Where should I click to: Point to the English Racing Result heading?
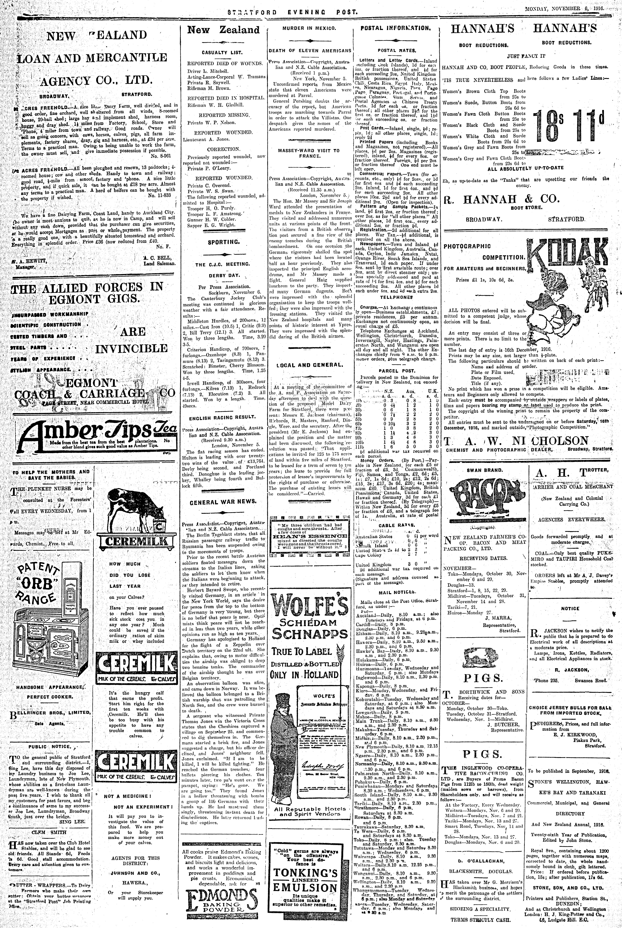223,417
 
